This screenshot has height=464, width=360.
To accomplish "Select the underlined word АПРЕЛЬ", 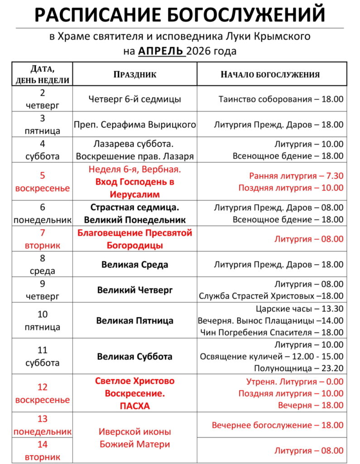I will click(161, 51).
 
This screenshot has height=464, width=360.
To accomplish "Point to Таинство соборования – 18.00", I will click(281, 99).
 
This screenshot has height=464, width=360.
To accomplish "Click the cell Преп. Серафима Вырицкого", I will click(135, 125).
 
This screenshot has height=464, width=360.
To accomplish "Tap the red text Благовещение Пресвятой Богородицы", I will click(134, 239).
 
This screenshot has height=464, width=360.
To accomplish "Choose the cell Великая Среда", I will click(135, 265).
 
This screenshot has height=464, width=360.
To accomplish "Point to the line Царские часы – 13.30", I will click(299, 309).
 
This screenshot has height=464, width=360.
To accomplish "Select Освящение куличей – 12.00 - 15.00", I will click(272, 356).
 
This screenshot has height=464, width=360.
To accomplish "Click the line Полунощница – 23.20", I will click(298, 368).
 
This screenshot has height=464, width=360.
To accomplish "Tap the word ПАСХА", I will click(134, 406).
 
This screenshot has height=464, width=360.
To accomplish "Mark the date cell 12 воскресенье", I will click(43, 393).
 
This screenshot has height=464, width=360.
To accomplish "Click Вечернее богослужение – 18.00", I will click(278, 425).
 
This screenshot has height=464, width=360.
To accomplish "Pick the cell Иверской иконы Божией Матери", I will click(134, 438).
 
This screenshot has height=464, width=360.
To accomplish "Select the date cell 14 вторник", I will click(43, 450).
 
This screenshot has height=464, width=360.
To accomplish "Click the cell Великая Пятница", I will click(134, 321).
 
